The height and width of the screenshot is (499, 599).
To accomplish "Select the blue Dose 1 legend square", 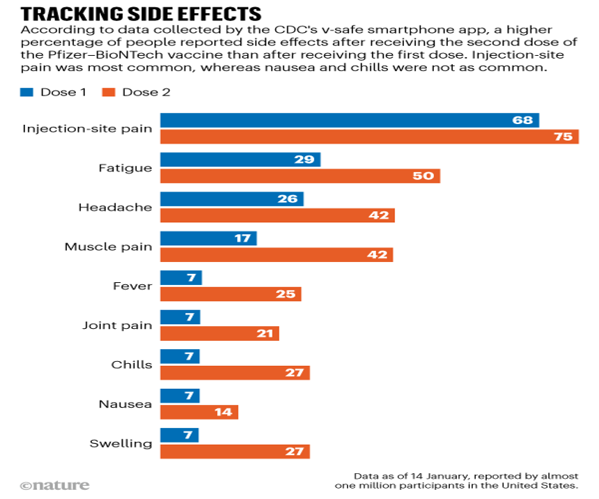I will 27,92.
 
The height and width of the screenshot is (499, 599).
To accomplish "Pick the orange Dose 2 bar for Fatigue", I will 300,176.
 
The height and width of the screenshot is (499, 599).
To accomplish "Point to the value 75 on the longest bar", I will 562,137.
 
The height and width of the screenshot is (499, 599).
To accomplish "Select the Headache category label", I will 115,207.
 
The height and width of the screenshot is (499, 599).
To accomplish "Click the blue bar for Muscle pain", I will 208,238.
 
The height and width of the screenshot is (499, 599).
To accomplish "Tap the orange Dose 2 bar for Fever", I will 231,293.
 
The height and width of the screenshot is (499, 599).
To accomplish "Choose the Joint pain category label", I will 117,325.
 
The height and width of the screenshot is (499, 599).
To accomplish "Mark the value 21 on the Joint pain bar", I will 264,333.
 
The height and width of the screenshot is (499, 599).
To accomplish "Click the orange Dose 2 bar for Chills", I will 235,372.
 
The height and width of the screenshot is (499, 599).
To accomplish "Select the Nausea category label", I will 125,404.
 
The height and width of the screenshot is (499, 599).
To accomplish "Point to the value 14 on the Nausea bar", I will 224,412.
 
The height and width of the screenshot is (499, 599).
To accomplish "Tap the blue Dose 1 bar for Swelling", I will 180,435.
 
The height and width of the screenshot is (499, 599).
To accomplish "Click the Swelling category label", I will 121,443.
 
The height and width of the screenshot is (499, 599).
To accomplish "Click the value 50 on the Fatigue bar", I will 423,176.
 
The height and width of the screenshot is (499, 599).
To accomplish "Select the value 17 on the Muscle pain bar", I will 242,238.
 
